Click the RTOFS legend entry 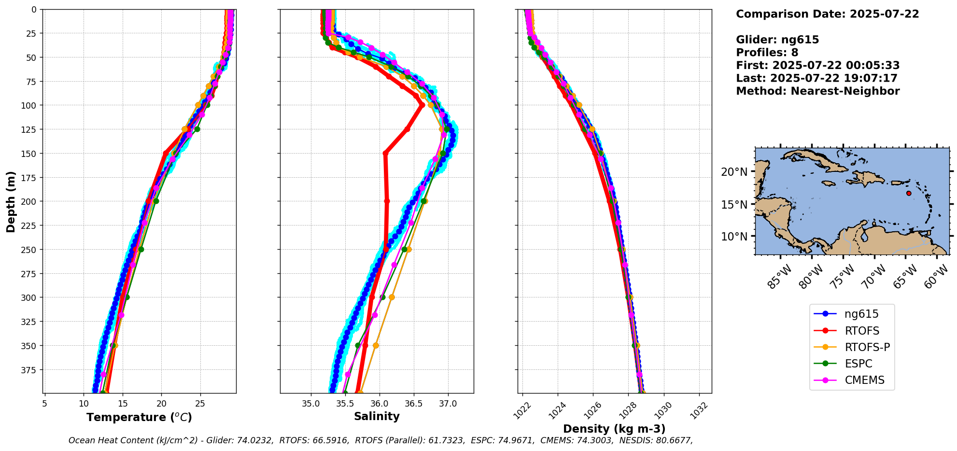(862, 331)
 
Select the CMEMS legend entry (864, 380)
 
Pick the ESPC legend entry (858, 364)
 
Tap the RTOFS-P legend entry (867, 347)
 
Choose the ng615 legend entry (861, 314)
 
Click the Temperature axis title (139, 417)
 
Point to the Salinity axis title (377, 416)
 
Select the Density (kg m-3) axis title (614, 429)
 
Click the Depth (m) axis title (11, 201)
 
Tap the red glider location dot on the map (909, 193)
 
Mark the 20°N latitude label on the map (734, 172)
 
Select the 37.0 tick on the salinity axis (448, 404)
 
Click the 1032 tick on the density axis (699, 410)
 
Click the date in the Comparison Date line (884, 14)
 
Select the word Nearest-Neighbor (845, 91)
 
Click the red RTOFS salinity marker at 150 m (385, 154)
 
